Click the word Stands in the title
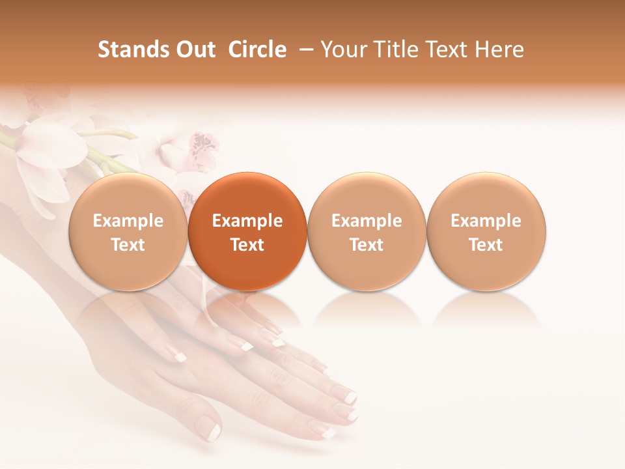pos(133,50)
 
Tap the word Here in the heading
pos(500,50)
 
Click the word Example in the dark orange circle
pos(247,221)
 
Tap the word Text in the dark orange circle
pos(247,245)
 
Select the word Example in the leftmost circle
pos(128,221)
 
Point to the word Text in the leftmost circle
pos(128,245)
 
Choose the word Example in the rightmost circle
pos(486,221)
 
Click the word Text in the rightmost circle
pos(486,245)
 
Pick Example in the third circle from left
pos(367,221)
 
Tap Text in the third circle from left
pos(367,245)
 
